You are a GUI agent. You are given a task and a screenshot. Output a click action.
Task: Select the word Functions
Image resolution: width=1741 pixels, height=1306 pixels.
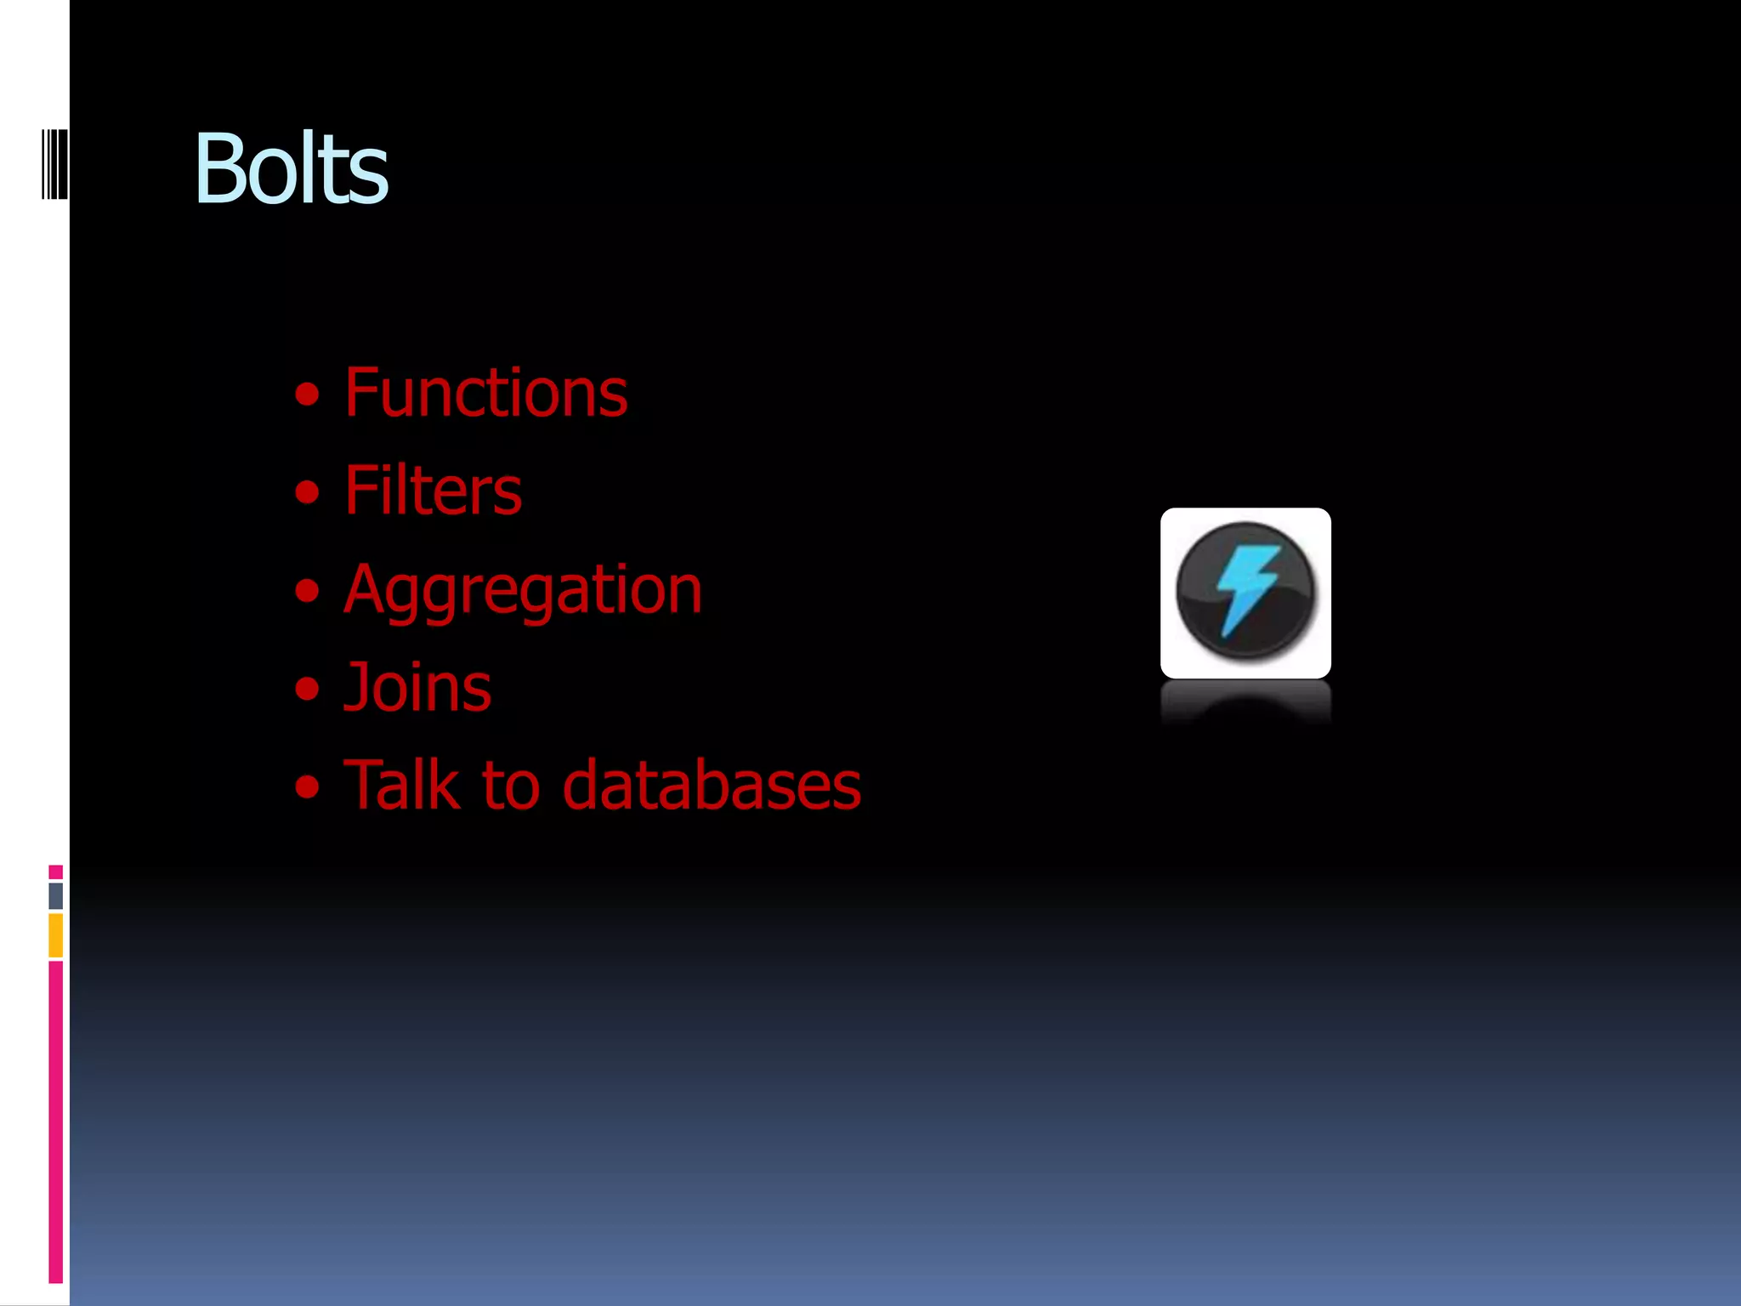pos(485,393)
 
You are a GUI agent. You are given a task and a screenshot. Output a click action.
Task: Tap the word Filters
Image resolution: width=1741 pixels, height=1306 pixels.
pos(433,491)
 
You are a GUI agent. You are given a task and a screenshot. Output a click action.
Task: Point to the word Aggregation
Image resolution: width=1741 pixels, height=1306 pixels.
pos(523,589)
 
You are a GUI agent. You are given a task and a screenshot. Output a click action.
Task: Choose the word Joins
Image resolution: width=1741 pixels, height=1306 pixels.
pos(417,687)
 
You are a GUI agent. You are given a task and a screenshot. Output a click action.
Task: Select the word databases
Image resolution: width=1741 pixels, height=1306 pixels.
pos(712,785)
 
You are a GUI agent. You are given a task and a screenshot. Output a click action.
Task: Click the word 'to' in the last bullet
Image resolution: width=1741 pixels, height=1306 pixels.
pos(511,786)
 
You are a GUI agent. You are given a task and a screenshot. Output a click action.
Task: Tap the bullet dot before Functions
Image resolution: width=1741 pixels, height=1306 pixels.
pos(307,395)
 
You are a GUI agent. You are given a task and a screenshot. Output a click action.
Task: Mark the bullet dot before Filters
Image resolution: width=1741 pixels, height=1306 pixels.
pos(307,492)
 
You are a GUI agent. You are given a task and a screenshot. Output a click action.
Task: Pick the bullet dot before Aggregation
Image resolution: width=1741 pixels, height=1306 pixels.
pos(307,591)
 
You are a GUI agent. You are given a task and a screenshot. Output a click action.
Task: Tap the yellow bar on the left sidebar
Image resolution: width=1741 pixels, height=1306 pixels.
pos(55,935)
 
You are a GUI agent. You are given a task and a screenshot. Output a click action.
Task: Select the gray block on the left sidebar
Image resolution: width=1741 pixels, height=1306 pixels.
pos(55,895)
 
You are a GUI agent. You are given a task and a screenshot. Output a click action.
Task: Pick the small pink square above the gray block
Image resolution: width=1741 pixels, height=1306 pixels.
pos(55,872)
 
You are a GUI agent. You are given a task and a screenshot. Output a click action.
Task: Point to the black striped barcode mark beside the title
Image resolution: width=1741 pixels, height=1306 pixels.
pos(54,164)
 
